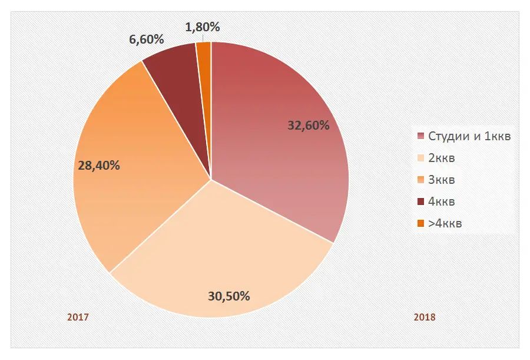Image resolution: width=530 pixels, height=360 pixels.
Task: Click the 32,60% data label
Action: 308,125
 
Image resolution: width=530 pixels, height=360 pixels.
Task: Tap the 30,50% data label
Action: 229,296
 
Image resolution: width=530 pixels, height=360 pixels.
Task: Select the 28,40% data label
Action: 99,166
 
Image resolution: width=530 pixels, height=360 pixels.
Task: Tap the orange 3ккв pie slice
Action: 130,177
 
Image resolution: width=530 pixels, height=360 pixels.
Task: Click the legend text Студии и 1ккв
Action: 469,137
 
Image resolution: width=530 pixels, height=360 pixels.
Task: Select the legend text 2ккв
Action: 442,158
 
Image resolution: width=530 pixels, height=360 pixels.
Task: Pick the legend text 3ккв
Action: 442,180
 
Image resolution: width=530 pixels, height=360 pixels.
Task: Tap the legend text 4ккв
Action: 442,202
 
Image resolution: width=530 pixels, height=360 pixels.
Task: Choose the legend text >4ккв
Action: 445,223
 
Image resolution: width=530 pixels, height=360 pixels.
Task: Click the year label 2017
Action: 78,317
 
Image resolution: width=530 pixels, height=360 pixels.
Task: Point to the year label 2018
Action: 425,317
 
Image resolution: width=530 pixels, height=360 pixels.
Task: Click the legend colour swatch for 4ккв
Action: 420,202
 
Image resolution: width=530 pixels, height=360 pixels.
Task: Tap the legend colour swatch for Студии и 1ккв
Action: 420,137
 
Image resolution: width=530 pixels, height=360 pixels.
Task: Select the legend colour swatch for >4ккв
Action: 420,223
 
